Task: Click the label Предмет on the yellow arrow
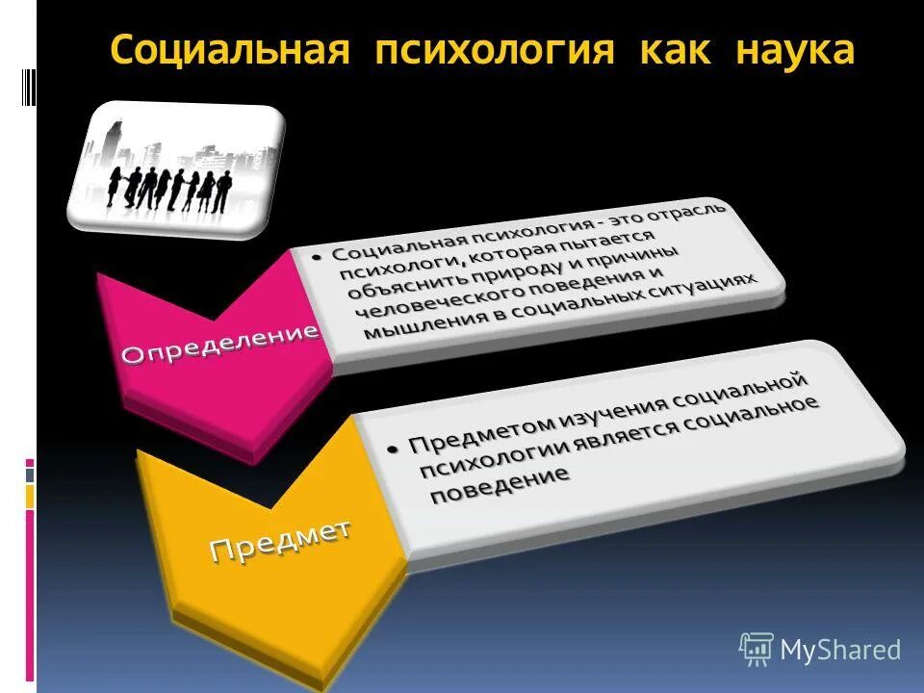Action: point(279,538)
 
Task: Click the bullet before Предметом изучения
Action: point(392,449)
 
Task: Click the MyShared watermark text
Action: point(840,650)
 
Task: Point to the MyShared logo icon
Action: point(757,649)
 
